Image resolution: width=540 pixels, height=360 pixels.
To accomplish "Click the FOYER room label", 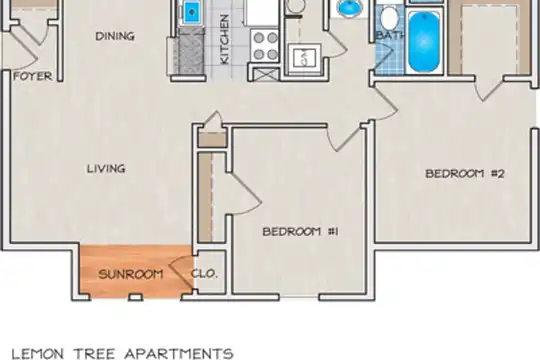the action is (33, 76).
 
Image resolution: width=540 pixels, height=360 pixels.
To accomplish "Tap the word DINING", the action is (115, 36).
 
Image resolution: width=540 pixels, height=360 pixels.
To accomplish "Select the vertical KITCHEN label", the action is (224, 39).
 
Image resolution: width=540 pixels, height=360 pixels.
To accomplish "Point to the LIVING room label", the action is (106, 169).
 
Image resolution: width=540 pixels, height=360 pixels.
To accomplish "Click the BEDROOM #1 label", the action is (300, 232).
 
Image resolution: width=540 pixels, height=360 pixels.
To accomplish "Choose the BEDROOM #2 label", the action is (465, 173).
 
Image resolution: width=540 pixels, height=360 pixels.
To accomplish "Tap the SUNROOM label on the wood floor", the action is (131, 274).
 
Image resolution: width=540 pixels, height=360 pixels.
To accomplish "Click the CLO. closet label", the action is (205, 274).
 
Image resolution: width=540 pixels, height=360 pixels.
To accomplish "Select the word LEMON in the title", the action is (38, 354).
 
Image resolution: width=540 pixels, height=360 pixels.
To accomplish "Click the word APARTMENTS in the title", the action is (179, 354).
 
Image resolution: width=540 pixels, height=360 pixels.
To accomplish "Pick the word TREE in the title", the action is (94, 354).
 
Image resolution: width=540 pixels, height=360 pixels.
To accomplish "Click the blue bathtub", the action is (424, 42).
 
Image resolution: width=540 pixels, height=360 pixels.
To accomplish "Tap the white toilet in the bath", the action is (390, 17).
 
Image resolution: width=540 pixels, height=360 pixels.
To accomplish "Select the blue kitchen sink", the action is (192, 12).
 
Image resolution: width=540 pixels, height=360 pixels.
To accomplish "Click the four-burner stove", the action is (265, 45).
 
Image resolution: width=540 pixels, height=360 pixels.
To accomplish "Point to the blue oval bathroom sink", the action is (351, 8).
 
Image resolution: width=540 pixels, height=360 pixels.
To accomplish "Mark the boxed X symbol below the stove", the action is (266, 74).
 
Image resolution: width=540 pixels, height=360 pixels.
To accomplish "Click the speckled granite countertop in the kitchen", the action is (191, 51).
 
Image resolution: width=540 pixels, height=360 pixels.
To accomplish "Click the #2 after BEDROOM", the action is (497, 173).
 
